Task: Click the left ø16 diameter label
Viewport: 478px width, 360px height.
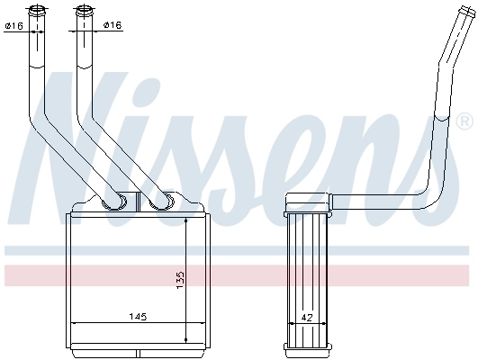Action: pos(14,25)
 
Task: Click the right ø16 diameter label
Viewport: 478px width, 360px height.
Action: pos(112,25)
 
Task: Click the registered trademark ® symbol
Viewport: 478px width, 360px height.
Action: pos(464,121)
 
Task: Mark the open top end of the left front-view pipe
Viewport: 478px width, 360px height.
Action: pos(38,11)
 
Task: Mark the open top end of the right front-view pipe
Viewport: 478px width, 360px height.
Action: pos(83,11)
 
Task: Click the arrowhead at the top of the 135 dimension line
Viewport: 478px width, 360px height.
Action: pos(185,221)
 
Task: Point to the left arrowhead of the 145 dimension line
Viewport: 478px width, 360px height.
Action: pos(73,323)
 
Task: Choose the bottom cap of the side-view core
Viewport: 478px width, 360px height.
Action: pos(307,349)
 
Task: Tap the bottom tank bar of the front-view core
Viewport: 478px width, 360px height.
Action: pos(134,347)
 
